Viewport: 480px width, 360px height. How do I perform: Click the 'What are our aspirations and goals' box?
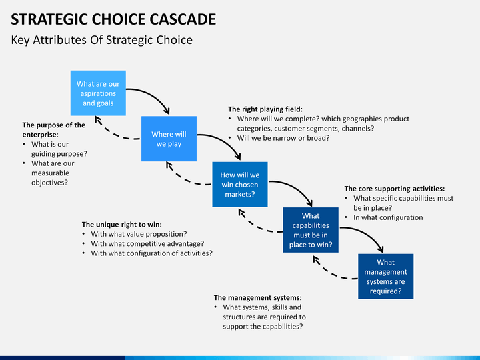(x=98, y=93)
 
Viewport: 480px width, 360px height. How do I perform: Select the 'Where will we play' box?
(x=169, y=139)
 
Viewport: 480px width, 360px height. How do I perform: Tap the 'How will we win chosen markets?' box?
(x=240, y=184)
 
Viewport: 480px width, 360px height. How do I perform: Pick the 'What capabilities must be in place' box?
(x=311, y=230)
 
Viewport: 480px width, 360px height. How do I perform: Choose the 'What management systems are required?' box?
(x=386, y=276)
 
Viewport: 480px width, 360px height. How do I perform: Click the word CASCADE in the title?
(x=183, y=19)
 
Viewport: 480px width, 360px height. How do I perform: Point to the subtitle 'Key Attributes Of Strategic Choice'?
(x=101, y=40)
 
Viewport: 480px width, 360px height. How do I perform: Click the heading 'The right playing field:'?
(x=265, y=109)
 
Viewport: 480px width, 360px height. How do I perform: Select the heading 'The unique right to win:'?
(x=122, y=225)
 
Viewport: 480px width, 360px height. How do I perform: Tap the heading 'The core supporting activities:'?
(x=395, y=189)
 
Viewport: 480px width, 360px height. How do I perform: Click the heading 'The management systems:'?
(x=258, y=297)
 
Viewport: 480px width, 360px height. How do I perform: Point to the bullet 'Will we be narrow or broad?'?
(x=283, y=138)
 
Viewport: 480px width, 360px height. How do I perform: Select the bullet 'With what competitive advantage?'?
(x=147, y=244)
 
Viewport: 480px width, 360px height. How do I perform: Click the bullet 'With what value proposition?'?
(x=139, y=234)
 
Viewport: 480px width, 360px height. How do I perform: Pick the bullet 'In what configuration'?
(x=388, y=217)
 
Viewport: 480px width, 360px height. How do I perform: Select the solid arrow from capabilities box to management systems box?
(x=367, y=234)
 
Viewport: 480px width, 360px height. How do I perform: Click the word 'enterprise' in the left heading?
(x=39, y=135)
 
